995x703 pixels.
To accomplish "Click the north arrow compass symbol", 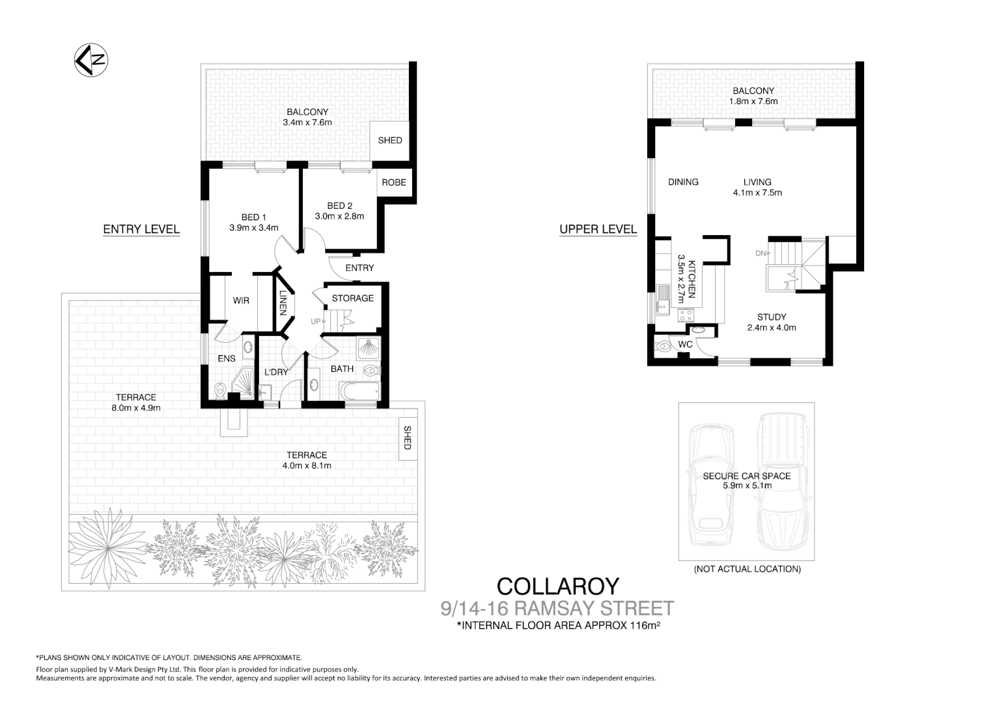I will [x=91, y=61].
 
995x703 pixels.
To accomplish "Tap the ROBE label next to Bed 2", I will [x=393, y=182].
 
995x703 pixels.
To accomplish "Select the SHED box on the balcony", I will [x=390, y=140].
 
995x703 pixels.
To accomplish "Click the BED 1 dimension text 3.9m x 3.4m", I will [x=253, y=228].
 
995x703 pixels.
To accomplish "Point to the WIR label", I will [x=241, y=301].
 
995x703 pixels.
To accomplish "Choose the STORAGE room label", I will [x=352, y=298].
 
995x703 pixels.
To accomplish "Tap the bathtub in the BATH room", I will [x=359, y=392].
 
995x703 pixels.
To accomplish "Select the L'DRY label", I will [x=276, y=372].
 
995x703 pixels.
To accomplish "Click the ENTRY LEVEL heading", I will [x=141, y=229].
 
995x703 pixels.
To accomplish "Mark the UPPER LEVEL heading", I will [x=598, y=229].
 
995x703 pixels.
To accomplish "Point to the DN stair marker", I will [x=762, y=253].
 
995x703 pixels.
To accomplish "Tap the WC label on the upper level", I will [x=685, y=344].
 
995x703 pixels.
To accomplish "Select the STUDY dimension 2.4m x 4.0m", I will [x=771, y=328].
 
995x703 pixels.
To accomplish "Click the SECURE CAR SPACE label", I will [x=746, y=476].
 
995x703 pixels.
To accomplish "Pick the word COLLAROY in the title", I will [x=557, y=586].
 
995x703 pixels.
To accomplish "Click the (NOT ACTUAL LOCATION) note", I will [x=747, y=569].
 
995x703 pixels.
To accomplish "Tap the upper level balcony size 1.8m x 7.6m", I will [x=753, y=102].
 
